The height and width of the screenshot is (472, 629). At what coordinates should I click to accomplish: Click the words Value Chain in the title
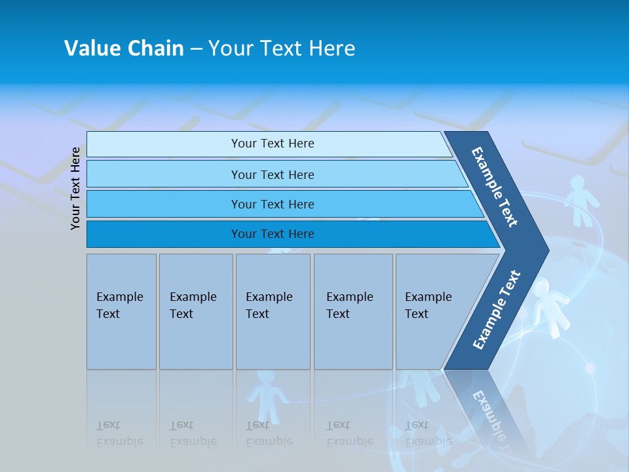[124, 48]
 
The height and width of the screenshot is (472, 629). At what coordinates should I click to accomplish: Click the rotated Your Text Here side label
[75, 188]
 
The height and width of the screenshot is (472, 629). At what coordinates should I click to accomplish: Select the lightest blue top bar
[272, 144]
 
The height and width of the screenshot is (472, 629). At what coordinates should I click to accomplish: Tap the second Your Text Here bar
[272, 174]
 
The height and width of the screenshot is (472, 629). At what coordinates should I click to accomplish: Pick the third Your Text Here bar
[272, 204]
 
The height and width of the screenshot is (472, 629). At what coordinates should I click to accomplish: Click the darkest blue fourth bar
[272, 234]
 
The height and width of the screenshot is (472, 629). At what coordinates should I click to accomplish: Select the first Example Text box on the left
[121, 311]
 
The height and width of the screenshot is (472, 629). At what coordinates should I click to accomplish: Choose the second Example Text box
[195, 311]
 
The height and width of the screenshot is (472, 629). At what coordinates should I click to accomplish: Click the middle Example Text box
[273, 311]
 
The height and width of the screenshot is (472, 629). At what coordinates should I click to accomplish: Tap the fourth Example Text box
[353, 311]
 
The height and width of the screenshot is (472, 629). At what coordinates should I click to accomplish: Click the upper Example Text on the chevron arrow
[495, 187]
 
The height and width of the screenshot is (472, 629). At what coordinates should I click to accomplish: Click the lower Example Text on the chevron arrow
[497, 309]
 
